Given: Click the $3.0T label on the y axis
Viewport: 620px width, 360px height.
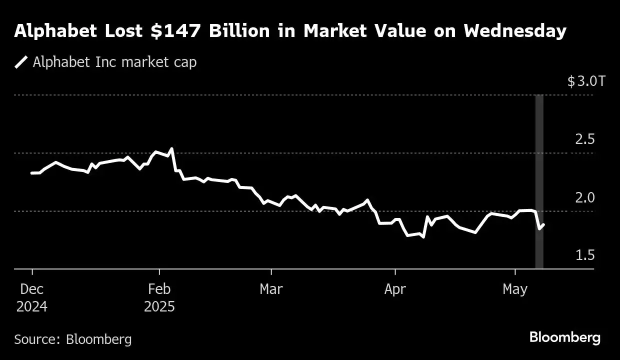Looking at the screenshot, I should coord(585,81).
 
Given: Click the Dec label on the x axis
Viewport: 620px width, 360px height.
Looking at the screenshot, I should coord(32,289).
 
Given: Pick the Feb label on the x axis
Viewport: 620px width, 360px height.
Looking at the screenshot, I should coord(159,289).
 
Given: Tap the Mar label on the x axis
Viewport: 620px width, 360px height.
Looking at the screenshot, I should coord(271,289).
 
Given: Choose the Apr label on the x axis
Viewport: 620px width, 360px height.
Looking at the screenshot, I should coord(395,289).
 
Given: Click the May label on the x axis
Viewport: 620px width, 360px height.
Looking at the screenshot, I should coord(515,289).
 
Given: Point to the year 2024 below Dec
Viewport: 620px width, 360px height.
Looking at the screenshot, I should coord(32,306).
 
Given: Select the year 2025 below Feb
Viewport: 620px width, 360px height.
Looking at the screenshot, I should coord(159,306).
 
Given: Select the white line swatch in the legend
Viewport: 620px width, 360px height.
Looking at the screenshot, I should coord(21,62).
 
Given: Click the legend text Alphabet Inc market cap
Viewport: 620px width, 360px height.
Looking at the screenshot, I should coord(114,62).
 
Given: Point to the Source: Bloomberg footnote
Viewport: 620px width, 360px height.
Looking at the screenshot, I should coord(73,339).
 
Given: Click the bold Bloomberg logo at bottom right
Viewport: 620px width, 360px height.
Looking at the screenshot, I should coord(565,337).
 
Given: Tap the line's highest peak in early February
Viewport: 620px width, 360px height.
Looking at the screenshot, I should coord(172,148).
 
